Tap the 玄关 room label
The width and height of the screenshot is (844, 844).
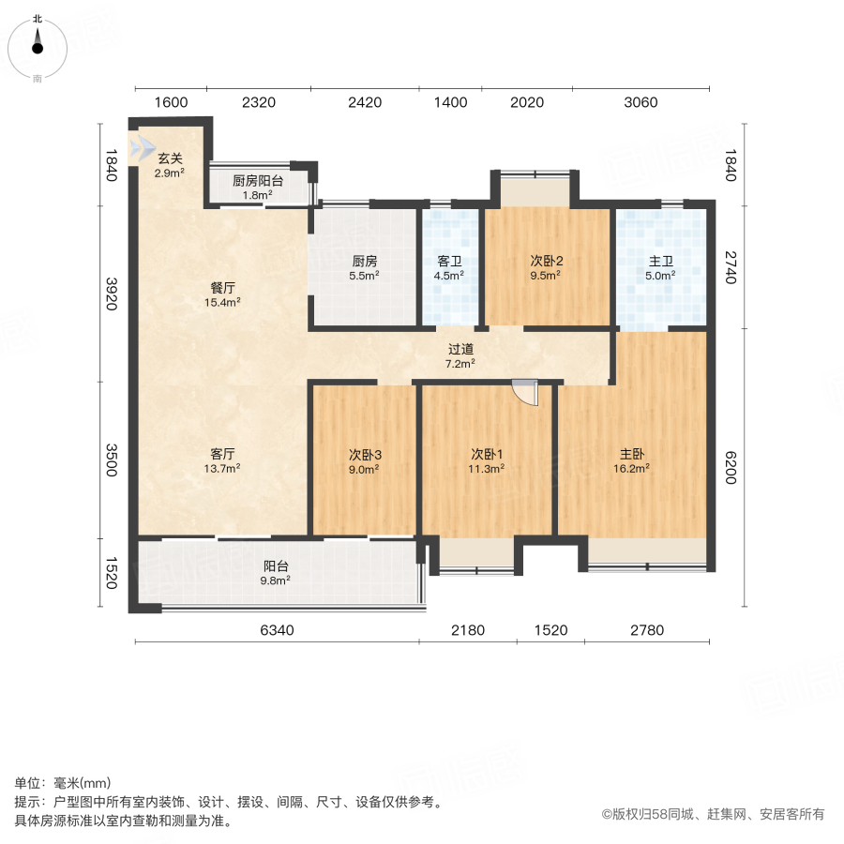coord(170,164)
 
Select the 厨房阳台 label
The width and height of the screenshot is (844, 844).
coord(258,188)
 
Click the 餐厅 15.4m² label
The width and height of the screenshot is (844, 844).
coord(223,294)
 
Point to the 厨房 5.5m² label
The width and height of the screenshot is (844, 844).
coord(364,268)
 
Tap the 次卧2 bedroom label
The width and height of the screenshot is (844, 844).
coord(545,268)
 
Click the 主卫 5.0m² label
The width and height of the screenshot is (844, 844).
coord(660,268)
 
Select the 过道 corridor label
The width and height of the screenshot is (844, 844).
coord(460,354)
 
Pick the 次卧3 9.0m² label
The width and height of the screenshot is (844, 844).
coord(364,461)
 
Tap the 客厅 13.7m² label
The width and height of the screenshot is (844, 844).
coord(223,460)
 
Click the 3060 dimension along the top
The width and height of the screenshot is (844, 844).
coord(641,102)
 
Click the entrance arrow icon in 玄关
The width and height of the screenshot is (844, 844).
coord(143,148)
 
